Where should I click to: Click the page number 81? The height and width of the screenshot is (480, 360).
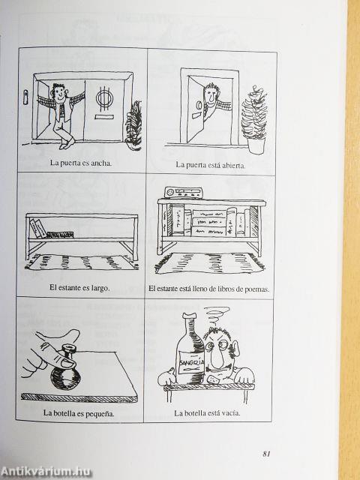pos(266,454)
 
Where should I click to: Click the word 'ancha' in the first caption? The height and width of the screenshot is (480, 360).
pos(102,163)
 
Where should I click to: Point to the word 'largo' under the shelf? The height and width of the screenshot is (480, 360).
pos(100,288)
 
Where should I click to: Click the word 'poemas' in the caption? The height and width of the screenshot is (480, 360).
pos(256,289)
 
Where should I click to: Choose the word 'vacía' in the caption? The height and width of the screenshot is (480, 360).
pos(231,413)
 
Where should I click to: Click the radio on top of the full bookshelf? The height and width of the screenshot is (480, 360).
pos(183,192)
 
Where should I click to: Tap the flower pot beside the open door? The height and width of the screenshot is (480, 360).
pos(256,145)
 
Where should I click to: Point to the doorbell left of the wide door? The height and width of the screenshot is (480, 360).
pos(26,97)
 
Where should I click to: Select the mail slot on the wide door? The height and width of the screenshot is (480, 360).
pos(103,117)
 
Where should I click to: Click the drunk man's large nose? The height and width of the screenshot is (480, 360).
pos(218,355)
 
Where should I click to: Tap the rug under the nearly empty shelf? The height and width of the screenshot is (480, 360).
pos(81,262)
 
